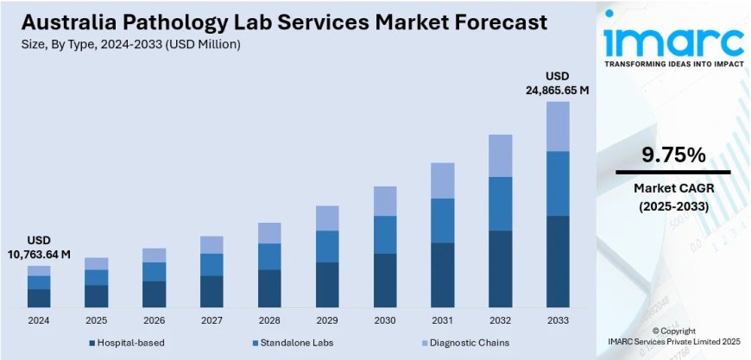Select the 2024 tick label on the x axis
[38, 319]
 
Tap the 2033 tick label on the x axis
[559, 319]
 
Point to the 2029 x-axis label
[327, 319]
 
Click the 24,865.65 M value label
[559, 89]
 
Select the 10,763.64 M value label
[39, 254]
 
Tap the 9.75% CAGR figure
[673, 155]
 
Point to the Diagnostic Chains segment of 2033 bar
[559, 126]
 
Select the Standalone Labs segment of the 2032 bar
[501, 204]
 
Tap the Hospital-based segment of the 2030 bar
[385, 281]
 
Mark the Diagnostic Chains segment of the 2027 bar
[211, 244]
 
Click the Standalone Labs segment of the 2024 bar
[39, 282]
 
